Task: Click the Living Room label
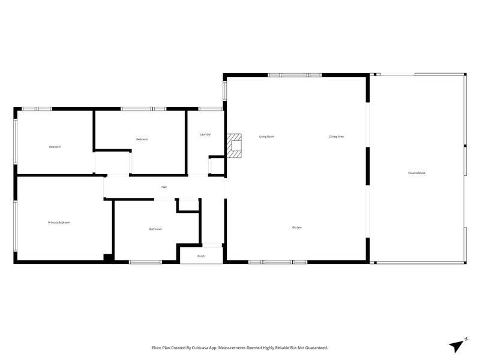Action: [x=267, y=137]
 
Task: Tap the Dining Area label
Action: [x=336, y=137]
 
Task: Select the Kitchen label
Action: [x=296, y=227]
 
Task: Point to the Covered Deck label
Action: [x=416, y=173]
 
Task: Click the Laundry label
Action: [x=205, y=134]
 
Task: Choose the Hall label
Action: [x=164, y=187]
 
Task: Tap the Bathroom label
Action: [x=155, y=229]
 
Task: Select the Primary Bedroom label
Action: [x=59, y=223]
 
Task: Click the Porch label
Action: [x=201, y=256]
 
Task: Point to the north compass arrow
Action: [x=458, y=344]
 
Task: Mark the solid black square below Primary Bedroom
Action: [x=108, y=258]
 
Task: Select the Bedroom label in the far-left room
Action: [x=55, y=146]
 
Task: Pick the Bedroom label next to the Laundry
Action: [x=142, y=139]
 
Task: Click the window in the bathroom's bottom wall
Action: [x=146, y=262]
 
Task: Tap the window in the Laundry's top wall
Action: [x=211, y=109]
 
